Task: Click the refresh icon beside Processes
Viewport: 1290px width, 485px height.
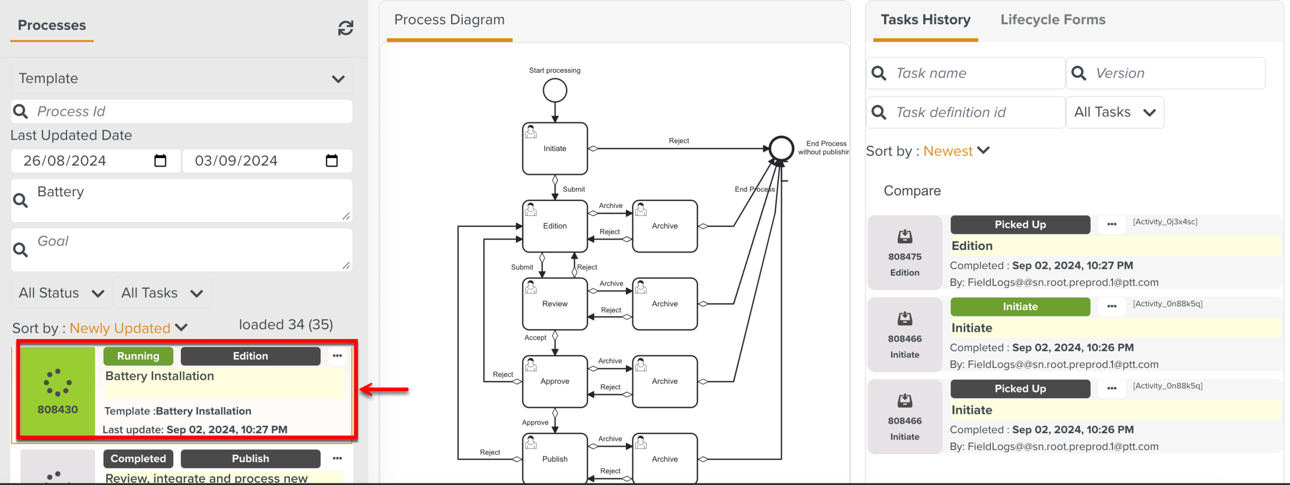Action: (x=345, y=28)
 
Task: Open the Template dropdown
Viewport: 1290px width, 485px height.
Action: (x=181, y=79)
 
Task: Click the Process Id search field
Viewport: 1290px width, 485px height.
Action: (x=191, y=112)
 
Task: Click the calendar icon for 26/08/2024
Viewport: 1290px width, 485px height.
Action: (x=160, y=161)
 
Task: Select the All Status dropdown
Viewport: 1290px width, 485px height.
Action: (x=61, y=293)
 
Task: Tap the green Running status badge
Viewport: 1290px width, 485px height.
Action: (x=138, y=356)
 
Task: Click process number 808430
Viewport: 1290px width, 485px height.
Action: (x=57, y=409)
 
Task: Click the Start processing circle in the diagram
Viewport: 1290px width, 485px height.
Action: (x=555, y=91)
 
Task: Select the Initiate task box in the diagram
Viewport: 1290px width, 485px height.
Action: (x=555, y=149)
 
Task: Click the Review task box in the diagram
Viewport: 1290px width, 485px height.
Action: (x=555, y=304)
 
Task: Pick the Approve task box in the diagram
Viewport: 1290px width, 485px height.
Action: (x=555, y=381)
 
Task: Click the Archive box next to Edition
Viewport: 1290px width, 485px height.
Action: (x=665, y=226)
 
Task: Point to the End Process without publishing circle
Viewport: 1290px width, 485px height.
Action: (x=781, y=149)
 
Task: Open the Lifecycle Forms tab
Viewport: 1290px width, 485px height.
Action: (x=1053, y=20)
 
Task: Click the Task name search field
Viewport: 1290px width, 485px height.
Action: (x=975, y=73)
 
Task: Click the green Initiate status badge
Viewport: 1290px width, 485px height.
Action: (x=1020, y=307)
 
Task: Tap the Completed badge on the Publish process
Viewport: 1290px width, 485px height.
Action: (x=138, y=459)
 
